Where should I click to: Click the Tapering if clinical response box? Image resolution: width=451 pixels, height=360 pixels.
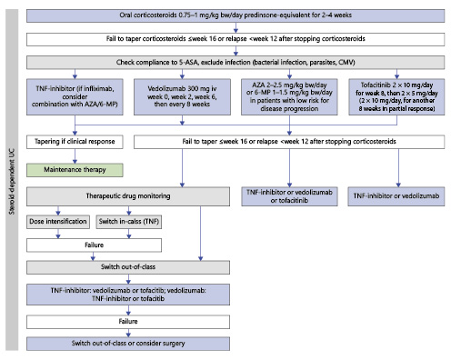74,142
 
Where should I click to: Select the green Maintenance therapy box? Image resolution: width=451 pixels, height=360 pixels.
74,169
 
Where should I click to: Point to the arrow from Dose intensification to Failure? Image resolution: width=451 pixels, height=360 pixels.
58,235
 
